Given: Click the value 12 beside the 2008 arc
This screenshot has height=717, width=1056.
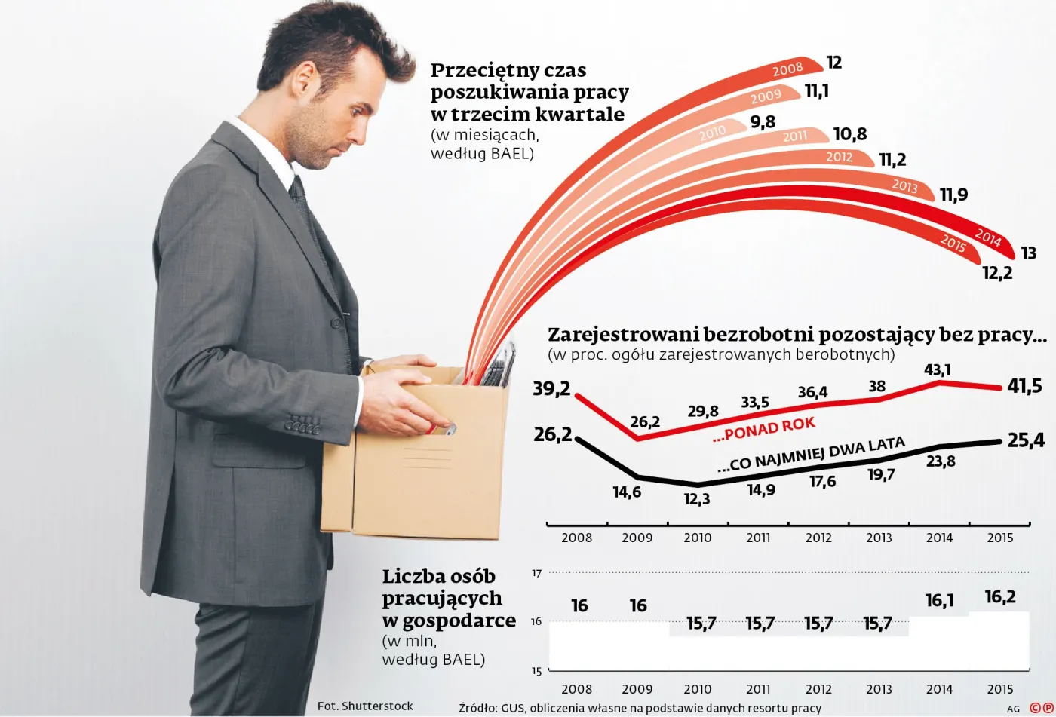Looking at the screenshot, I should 833,63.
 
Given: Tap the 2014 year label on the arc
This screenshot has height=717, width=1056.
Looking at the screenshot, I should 987,237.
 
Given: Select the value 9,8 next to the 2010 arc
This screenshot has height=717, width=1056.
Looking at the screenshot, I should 763,122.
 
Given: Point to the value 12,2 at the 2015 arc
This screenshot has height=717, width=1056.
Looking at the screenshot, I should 997,273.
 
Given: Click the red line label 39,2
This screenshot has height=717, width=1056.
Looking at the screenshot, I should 552,388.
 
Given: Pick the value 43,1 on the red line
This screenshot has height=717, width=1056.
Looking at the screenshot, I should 938,369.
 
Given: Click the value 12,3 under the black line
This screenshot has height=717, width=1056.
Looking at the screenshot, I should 697,499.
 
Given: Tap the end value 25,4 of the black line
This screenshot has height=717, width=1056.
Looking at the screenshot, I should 1026,440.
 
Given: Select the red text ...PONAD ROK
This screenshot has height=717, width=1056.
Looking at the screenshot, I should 763,429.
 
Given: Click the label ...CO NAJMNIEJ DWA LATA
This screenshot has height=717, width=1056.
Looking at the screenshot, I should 811,455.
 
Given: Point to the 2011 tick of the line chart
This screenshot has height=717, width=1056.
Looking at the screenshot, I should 758,538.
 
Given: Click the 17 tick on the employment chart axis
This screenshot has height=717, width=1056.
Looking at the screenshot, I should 537,573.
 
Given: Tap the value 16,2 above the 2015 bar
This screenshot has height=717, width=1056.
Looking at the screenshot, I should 1000,597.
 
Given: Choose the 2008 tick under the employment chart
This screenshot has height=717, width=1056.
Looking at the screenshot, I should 577,688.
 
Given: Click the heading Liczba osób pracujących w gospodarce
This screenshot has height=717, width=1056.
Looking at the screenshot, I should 448,598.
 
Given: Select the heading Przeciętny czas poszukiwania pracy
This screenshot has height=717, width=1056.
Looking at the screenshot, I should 529,92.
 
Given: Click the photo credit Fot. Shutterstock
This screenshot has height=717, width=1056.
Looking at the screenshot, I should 365,706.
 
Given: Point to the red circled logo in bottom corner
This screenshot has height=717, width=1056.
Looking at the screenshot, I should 1042,708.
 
